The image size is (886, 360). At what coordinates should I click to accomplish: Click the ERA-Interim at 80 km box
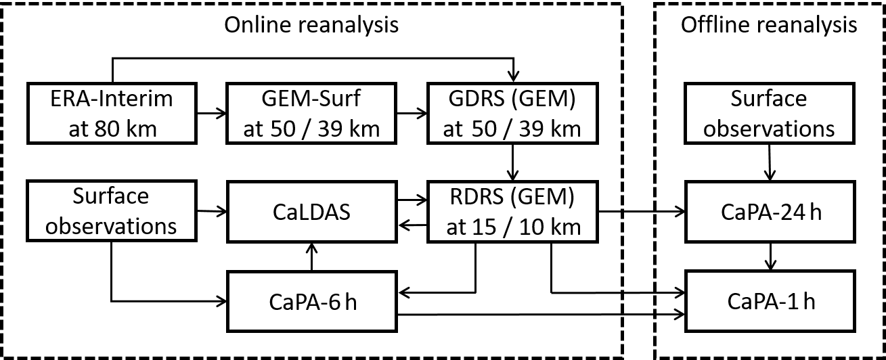tap(111, 113)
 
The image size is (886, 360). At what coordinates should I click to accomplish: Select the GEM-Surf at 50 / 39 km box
tap(311, 113)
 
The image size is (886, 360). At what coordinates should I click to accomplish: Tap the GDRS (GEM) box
tap(512, 113)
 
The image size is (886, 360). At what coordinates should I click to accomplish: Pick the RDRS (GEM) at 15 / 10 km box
tap(512, 212)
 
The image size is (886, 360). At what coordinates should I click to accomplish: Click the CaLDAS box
tap(311, 212)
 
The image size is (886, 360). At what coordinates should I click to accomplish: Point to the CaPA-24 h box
tap(769, 212)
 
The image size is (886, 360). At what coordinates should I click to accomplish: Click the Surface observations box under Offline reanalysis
tap(769, 113)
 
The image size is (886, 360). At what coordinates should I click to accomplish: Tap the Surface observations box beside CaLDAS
tap(111, 212)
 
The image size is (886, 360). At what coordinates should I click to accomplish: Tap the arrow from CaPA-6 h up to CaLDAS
tap(311, 257)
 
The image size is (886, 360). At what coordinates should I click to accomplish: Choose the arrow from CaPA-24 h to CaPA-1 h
tap(770, 257)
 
